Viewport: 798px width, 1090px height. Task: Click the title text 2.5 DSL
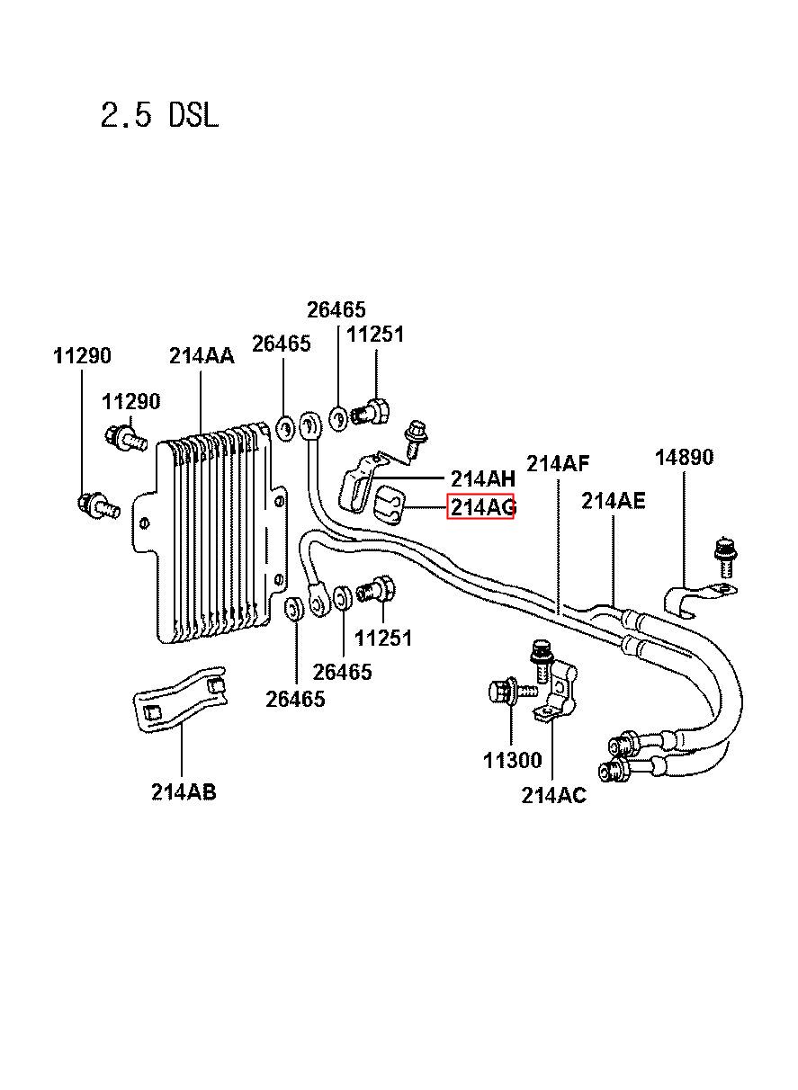(x=159, y=116)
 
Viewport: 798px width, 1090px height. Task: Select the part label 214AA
(x=202, y=356)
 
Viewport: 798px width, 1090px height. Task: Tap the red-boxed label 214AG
(x=480, y=507)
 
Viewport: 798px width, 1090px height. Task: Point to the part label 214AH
(x=482, y=479)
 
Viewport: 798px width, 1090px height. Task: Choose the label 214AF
(x=558, y=463)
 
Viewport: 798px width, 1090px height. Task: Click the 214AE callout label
(x=613, y=501)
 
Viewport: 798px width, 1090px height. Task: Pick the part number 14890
(x=684, y=457)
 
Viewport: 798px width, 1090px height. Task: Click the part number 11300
(x=512, y=760)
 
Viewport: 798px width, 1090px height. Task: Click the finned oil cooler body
(x=211, y=532)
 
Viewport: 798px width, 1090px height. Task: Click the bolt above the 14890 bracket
(x=725, y=557)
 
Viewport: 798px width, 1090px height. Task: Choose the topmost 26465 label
(x=336, y=309)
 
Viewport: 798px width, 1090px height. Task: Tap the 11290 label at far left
(x=82, y=356)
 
